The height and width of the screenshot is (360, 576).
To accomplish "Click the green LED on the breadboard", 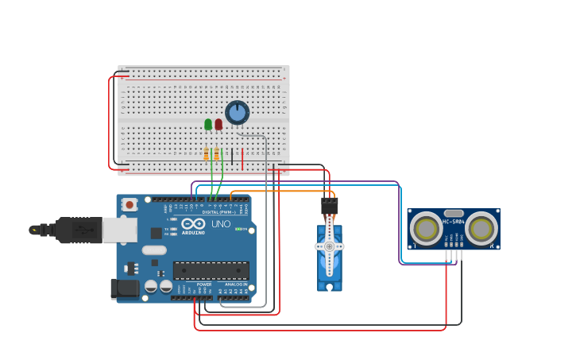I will coord(208,124).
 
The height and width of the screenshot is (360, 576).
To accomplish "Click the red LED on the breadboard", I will coord(218,124).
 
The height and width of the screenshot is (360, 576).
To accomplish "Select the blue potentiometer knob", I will coord(237,112).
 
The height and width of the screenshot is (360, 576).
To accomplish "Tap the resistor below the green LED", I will coord(207,154).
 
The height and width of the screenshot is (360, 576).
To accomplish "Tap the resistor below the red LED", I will coord(216,154).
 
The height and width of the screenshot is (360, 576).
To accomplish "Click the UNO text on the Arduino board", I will coord(221,224).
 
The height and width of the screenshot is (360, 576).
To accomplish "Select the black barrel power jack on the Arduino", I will coord(125,288).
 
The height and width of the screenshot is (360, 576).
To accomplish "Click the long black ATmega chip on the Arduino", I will coord(211,270).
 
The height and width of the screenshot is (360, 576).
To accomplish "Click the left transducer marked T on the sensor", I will coord(427,229).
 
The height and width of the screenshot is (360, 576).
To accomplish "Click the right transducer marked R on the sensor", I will coord(481,229).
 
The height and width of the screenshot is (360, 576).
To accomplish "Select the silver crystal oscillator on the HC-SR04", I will coord(454,214).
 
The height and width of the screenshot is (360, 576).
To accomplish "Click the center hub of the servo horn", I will coord(329,246).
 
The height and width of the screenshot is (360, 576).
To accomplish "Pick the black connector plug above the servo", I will coord(329,206).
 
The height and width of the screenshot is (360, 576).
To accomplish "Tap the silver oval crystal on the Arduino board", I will coord(156,250).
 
